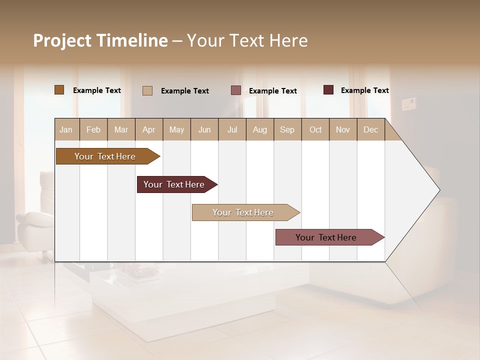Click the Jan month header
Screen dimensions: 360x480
(x=66, y=129)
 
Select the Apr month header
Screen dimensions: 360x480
(x=148, y=129)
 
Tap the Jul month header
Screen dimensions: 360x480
(x=232, y=129)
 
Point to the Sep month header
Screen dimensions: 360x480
(x=287, y=129)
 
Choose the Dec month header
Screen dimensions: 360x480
(x=370, y=129)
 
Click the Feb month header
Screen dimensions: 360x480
(x=93, y=129)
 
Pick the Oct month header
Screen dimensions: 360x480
(x=315, y=129)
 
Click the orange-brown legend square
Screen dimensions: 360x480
(x=59, y=90)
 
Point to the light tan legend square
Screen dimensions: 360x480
(x=147, y=90)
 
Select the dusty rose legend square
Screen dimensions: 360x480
(x=235, y=90)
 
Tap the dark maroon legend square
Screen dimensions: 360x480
(x=328, y=90)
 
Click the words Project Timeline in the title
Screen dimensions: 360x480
(x=100, y=40)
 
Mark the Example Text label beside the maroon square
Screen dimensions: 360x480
(x=364, y=90)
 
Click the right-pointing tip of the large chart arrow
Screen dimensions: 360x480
(x=438, y=189)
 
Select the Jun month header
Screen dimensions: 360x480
(x=204, y=129)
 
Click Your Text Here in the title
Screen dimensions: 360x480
(x=247, y=40)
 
